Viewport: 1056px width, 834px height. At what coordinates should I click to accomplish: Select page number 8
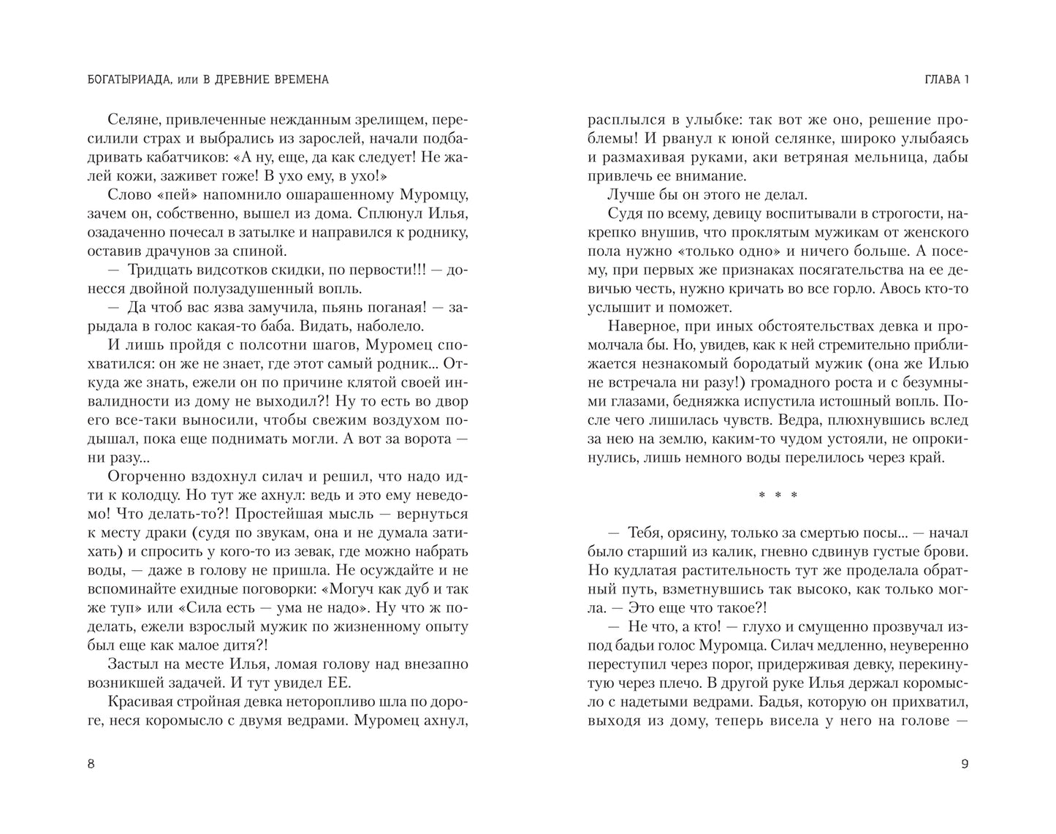91,765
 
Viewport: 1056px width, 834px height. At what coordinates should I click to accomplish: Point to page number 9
965,765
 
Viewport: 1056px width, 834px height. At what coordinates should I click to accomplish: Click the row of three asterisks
778,496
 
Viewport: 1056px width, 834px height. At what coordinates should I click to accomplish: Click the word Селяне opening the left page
132,119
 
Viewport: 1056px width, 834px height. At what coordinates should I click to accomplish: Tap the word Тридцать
157,270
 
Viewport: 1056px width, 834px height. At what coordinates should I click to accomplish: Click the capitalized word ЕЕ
341,683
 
